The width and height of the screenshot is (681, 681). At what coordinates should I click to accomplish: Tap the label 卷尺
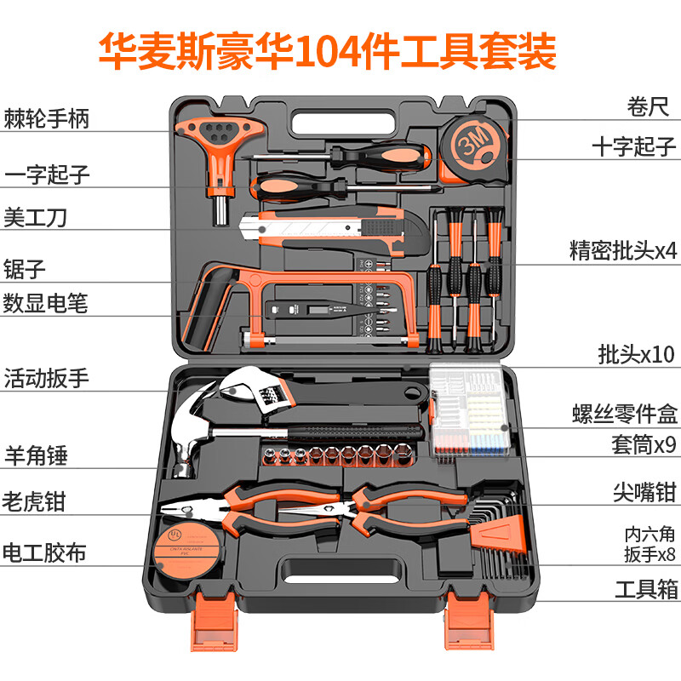pyautogui.click(x=646, y=108)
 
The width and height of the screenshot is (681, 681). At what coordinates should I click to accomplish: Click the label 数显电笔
pyautogui.click(x=46, y=302)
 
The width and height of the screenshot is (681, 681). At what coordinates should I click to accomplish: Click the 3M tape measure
pyautogui.click(x=473, y=146)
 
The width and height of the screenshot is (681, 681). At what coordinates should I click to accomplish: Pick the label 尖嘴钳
pyautogui.click(x=645, y=491)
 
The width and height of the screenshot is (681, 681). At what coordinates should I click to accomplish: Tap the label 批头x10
pyautogui.click(x=637, y=354)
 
